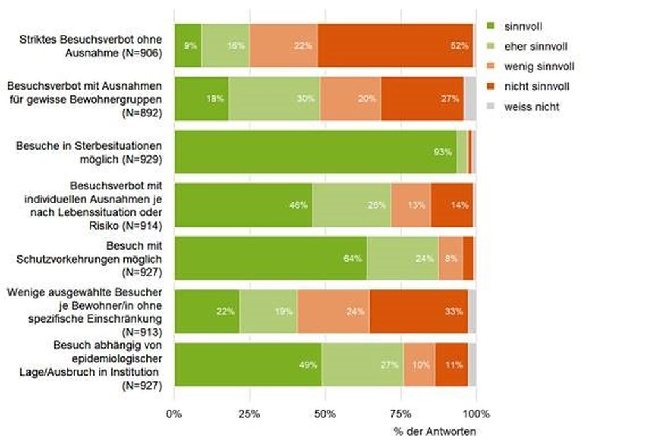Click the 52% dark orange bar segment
tap(395, 45)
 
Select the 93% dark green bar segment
tap(315, 152)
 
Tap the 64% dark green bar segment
tap(270, 259)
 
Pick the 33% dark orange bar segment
tap(418, 312)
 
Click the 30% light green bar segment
tap(274, 99)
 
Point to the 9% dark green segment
tap(187, 45)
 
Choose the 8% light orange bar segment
tap(450, 259)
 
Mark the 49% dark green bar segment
tap(248, 365)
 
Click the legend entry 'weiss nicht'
tap(531, 107)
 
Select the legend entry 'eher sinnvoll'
tap(535, 47)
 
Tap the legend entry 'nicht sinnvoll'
tap(536, 86)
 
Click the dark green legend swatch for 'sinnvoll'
tap(492, 26)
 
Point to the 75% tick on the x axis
tap(401, 413)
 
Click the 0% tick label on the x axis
tap(174, 413)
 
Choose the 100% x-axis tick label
tap(477, 413)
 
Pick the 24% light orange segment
tap(333, 312)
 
